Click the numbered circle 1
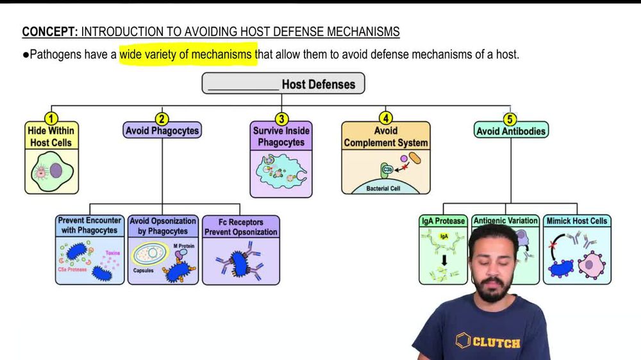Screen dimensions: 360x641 pos(51,119)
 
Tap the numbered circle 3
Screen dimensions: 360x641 pos(281,119)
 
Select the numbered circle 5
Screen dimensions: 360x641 pos(510,119)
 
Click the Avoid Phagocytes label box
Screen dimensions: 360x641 pos(162,131)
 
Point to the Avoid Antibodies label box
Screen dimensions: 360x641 pos(511,131)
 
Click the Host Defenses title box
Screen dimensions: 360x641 pos(283,84)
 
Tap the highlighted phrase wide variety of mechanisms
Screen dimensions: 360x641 pos(185,54)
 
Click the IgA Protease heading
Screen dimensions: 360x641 pos(443,221)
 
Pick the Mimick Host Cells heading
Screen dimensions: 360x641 pos(577,221)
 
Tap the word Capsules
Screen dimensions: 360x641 pos(144,270)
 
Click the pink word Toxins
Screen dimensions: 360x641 pos(113,253)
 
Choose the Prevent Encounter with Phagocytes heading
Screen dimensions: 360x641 pos(90,225)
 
